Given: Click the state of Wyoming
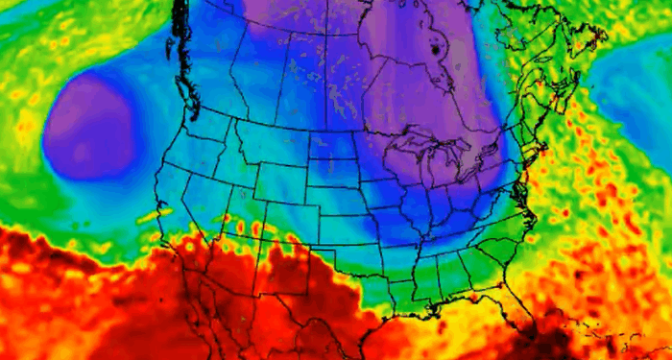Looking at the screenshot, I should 274,171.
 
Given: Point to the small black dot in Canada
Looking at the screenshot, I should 436,47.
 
